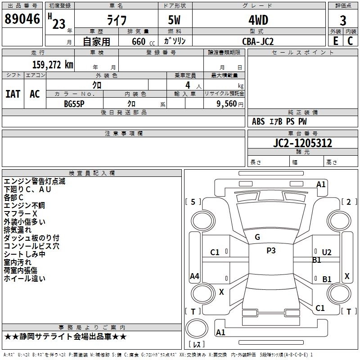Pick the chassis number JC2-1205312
pyautogui.click(x=303, y=143)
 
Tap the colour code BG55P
pyautogui.click(x=74, y=103)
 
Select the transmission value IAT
pyautogui.click(x=13, y=94)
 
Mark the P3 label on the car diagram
pyautogui.click(x=271, y=251)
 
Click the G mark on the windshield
pyautogui.click(x=257, y=237)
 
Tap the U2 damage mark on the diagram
pyautogui.click(x=326, y=252)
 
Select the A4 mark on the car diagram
pyautogui.click(x=194, y=276)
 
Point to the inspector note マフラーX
pyautogui.click(x=20, y=213)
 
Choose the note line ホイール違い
pyautogui.click(x=24, y=279)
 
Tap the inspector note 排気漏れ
pyautogui.click(x=18, y=229)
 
